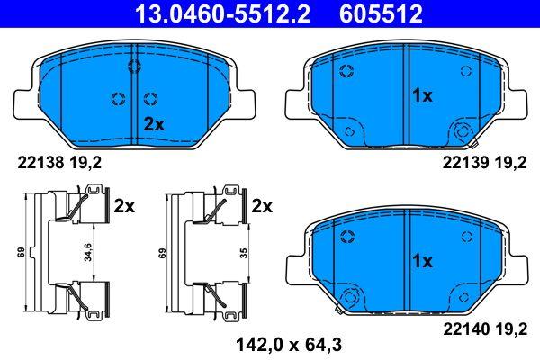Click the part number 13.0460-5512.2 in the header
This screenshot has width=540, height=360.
pyautogui.click(x=222, y=13)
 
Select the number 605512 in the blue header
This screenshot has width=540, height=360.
pyautogui.click(x=381, y=13)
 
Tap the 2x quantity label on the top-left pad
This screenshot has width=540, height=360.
pyautogui.click(x=154, y=125)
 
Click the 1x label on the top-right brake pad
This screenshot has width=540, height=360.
pyautogui.click(x=422, y=95)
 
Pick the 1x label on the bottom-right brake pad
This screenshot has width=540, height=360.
pyautogui.click(x=422, y=262)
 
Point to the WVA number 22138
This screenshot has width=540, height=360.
pyautogui.click(x=40, y=163)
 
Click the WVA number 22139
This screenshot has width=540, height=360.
pyautogui.click(x=465, y=163)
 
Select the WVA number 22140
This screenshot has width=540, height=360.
pyautogui.click(x=466, y=329)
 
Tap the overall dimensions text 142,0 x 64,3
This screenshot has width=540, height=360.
pyautogui.click(x=289, y=345)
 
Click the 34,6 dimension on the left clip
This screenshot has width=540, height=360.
pyautogui.click(x=88, y=252)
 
